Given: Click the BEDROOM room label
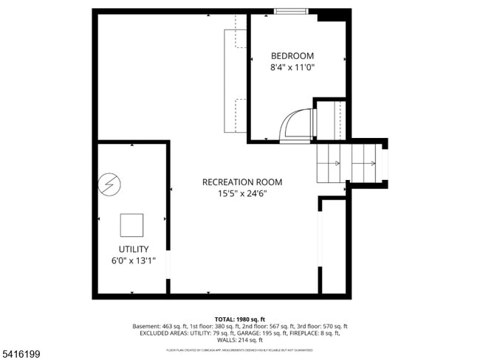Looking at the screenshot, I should pos(292,56).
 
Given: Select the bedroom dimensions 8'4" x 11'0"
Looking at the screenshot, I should pos(292,67).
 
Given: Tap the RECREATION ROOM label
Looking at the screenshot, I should pos(242,182).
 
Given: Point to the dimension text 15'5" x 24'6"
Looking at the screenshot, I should pos(242,194).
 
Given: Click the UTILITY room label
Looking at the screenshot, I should pos(134,249).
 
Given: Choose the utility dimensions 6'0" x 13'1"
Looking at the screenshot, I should pos(134,260).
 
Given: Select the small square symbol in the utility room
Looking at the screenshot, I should pos(132,224).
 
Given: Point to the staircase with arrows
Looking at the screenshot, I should pos(351,163).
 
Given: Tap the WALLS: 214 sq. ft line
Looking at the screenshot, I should pos(239,340).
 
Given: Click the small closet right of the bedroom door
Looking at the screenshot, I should pos(330,119).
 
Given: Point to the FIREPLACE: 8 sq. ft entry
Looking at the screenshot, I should pos(312,333).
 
